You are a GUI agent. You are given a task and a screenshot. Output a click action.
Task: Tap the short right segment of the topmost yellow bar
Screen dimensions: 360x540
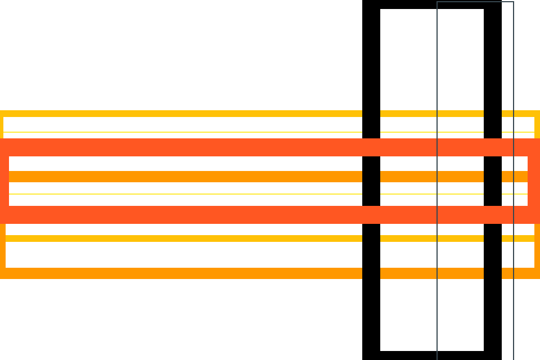pos(520,114)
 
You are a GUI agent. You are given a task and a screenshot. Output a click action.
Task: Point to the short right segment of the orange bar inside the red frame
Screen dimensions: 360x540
pos(514,177)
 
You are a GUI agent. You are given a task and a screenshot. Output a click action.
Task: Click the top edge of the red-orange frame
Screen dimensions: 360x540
pos(225,147)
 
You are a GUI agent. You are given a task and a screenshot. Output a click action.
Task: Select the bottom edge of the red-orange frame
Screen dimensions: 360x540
pos(225,215)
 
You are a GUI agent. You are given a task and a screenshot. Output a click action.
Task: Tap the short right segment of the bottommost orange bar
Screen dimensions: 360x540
pos(520,273)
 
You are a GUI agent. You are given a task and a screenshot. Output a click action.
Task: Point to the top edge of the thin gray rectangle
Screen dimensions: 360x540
pos(475,2)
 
